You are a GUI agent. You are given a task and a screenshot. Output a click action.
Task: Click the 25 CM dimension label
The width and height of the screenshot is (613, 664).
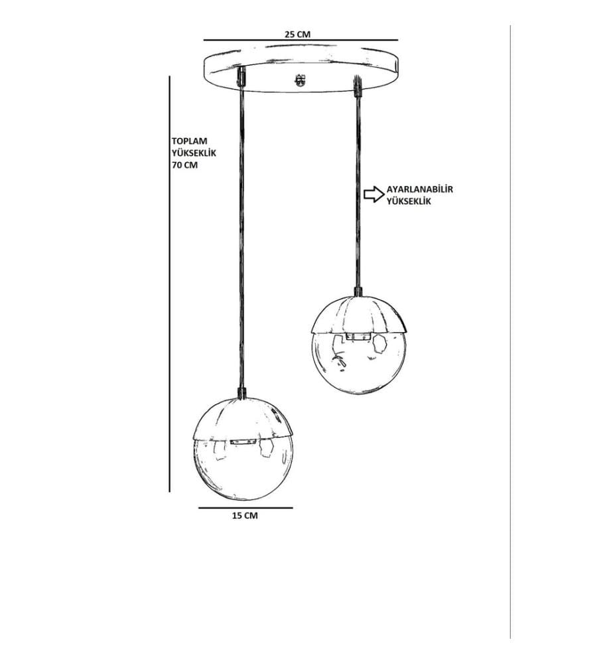click(x=297, y=34)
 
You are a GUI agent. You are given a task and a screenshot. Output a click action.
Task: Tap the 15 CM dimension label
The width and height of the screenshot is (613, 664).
click(x=245, y=515)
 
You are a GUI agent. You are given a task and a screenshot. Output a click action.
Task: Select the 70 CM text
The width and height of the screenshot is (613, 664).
click(x=184, y=165)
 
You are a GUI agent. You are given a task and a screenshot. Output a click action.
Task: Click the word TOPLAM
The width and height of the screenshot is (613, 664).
click(x=189, y=141)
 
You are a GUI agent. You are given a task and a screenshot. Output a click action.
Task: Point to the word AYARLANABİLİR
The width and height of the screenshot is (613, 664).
click(x=420, y=189)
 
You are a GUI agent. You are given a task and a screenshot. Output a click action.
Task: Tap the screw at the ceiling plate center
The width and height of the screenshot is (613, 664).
click(x=301, y=80)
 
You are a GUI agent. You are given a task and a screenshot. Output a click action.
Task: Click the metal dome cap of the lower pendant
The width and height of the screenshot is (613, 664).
click(x=243, y=419)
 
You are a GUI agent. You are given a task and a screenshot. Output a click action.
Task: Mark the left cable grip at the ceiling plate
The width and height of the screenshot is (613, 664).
click(x=241, y=77)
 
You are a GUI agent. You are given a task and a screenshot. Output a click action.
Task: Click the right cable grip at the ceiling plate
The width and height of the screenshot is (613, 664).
click(x=357, y=86)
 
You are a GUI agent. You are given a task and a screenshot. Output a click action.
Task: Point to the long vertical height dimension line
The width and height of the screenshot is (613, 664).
click(x=170, y=284)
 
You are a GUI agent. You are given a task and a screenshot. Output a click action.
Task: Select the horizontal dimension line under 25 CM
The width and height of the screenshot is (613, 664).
click(x=301, y=41)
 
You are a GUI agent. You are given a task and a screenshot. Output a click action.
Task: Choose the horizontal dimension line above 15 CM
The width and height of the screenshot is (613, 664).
click(x=245, y=507)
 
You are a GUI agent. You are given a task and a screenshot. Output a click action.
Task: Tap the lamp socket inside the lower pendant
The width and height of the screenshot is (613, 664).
click(x=243, y=442)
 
